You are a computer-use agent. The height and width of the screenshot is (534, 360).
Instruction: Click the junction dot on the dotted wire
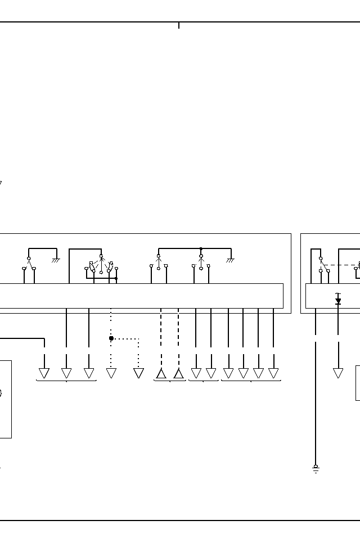111,338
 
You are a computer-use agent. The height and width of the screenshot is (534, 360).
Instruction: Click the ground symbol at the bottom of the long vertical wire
316,469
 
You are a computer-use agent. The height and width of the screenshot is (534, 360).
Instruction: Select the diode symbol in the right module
338,301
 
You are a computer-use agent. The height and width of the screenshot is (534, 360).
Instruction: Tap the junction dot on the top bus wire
201,248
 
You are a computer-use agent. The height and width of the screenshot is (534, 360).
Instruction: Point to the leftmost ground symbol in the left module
56,260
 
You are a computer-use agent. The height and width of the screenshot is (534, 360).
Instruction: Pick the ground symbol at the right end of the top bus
230,260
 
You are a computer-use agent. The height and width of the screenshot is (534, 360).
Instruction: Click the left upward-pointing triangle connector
161,373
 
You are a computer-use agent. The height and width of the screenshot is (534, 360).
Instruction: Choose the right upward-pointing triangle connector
178,373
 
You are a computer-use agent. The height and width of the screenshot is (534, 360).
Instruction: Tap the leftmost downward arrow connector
44,373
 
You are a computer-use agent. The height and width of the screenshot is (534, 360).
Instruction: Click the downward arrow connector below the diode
338,373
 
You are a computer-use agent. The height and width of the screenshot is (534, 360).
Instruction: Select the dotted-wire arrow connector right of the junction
138,373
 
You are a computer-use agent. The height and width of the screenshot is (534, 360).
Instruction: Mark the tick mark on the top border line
179,25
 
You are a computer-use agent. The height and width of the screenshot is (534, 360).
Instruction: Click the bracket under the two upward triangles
170,381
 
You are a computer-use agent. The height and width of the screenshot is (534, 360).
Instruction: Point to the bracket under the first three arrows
66,381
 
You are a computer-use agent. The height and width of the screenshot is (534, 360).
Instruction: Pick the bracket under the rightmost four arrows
251,381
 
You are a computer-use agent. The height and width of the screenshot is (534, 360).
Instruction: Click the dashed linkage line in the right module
340,265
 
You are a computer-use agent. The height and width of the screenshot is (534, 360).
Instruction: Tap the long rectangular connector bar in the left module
141,296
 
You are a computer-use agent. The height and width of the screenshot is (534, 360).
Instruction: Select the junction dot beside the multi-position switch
116,278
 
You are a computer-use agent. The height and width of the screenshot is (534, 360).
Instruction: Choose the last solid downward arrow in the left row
273,373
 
